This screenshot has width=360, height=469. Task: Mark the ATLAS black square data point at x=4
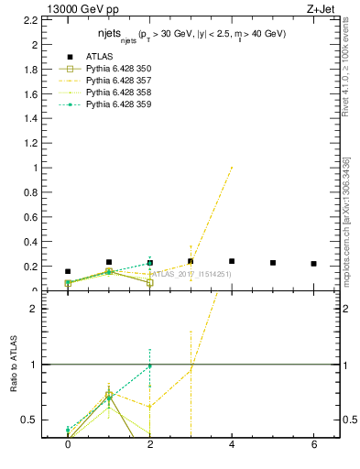(x=232, y=261)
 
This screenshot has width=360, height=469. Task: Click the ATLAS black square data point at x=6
(x=313, y=264)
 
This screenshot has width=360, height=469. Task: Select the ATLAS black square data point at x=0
(x=68, y=271)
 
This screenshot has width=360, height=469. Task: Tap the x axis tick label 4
(x=232, y=444)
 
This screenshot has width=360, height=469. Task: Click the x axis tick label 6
(x=313, y=444)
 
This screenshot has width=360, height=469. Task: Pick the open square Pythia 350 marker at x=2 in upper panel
(x=149, y=283)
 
